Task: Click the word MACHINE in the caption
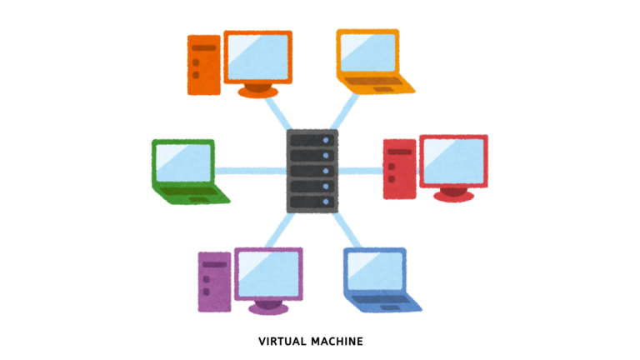pyautogui.click(x=337, y=342)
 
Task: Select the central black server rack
pyautogui.click(x=312, y=171)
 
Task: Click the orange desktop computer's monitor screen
pyautogui.click(x=257, y=57)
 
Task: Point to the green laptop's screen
pyautogui.click(x=182, y=163)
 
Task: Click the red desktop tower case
pyautogui.click(x=398, y=169)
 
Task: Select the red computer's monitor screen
pyautogui.click(x=453, y=162)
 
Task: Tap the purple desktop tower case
pyautogui.click(x=214, y=281)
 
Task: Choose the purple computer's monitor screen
pyautogui.click(x=267, y=272)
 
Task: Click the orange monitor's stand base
pyautogui.click(x=257, y=91)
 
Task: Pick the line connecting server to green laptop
pyautogui.click(x=250, y=172)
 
